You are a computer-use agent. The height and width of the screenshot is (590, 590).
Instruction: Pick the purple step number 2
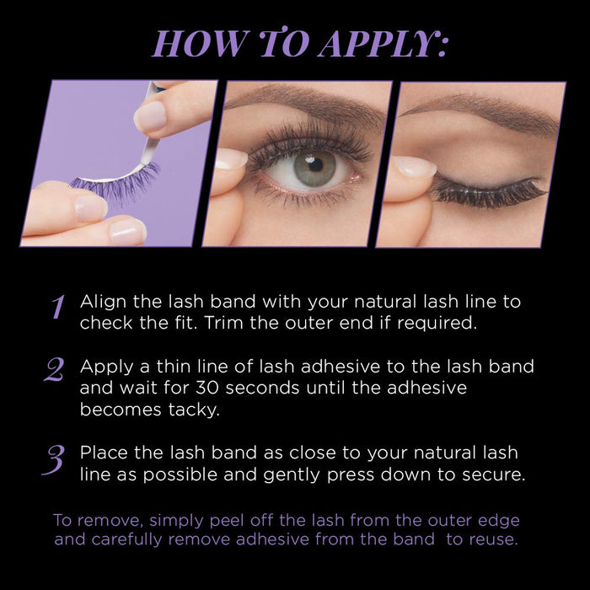54,369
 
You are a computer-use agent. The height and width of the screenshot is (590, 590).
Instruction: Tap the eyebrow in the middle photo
295,102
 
